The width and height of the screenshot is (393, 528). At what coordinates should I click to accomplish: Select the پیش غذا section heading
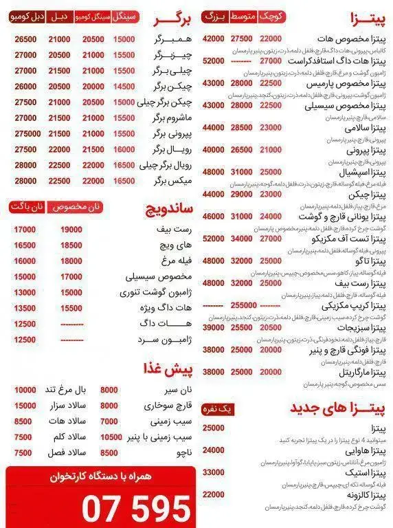[x=169, y=369]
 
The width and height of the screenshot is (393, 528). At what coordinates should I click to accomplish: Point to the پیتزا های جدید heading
[x=341, y=408]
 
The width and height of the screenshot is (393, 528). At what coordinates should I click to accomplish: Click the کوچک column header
[x=272, y=15]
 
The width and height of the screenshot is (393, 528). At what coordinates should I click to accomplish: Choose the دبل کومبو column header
[x=25, y=15]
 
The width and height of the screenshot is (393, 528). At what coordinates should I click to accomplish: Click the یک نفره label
[x=218, y=409]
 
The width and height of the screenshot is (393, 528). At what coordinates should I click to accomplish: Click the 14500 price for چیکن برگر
[x=124, y=87]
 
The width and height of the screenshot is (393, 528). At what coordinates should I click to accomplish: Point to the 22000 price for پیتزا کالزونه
[x=214, y=494]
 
